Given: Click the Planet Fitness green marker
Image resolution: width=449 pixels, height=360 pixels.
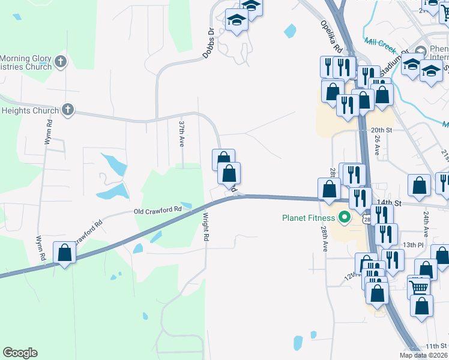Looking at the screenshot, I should (344, 218).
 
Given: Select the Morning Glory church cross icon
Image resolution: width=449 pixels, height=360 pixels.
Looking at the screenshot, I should (60, 61).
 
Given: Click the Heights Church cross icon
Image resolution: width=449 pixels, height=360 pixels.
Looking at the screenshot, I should (68, 110).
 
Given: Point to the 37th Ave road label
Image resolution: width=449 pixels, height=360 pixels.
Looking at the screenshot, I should (181, 133).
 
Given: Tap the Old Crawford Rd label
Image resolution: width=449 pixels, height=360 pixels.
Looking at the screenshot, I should (157, 211).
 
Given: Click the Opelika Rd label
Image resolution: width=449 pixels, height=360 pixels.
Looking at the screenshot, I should (331, 37).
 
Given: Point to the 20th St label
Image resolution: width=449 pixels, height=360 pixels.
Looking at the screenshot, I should (381, 130).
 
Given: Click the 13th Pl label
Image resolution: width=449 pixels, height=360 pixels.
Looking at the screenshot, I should (413, 245).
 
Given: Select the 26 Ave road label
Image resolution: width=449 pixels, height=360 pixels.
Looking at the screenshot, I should (377, 146).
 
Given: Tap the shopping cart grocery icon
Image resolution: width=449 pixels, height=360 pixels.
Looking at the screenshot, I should (418, 286).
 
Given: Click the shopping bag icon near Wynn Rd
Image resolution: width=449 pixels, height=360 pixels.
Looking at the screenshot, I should (65, 253).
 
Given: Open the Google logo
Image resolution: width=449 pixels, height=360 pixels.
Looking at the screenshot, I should (20, 353).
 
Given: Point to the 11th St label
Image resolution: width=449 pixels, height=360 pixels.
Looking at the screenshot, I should (436, 346).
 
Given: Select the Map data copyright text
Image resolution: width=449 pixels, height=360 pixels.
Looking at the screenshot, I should (424, 355).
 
